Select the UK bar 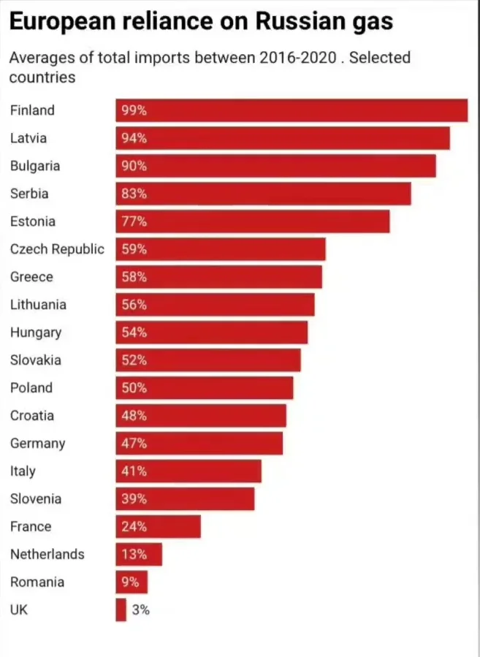point(121,609)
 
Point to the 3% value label point(140,609)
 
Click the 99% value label point(134,110)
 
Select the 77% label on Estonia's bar point(134,221)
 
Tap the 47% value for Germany point(134,444)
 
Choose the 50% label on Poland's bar point(134,388)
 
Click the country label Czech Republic point(57,249)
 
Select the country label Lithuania point(38,305)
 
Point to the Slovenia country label point(36,499)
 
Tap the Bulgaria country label point(35,166)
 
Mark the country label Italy point(23,471)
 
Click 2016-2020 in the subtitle point(297,58)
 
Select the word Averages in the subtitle point(40,58)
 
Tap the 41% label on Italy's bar point(134,471)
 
